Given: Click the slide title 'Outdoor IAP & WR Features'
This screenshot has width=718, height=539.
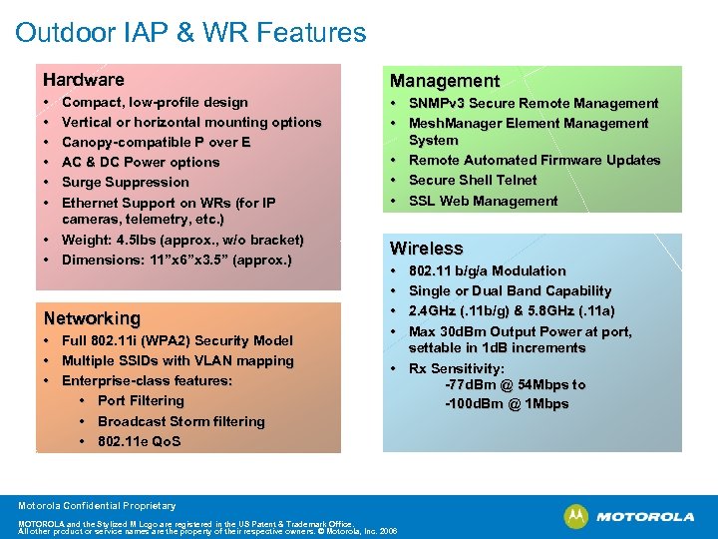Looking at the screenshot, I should [190, 33].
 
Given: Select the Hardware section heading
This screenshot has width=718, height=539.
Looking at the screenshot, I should [83, 80].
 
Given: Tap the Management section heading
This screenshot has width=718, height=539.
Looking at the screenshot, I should [444, 81].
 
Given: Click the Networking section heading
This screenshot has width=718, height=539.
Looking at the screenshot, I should [92, 318].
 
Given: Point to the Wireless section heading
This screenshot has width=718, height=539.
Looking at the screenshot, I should [426, 249].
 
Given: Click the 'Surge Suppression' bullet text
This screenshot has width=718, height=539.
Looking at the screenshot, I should [125, 182].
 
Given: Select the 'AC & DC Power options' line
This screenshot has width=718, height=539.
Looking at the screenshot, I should [141, 162].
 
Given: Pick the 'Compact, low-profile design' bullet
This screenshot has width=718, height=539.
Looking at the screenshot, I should [155, 102].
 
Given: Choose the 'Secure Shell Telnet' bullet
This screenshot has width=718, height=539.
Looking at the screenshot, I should [473, 181].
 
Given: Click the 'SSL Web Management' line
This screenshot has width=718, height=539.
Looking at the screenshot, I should [483, 201].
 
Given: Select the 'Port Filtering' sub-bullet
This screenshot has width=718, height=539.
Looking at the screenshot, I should [141, 401].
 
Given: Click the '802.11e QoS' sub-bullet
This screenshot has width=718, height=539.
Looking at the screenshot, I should [139, 441].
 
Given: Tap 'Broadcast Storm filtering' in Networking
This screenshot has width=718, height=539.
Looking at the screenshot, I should [180, 421].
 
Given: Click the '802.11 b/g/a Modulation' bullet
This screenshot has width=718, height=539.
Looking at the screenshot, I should [487, 270].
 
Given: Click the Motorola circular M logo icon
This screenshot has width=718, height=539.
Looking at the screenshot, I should [575, 516].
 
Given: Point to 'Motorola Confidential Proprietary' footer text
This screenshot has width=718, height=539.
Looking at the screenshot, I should [96, 506].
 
